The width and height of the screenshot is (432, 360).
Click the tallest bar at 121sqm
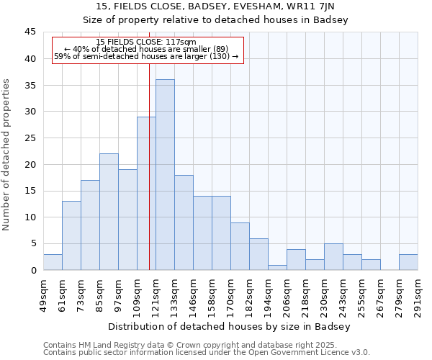(x=165, y=175)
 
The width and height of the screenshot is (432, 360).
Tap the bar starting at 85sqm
(x=109, y=212)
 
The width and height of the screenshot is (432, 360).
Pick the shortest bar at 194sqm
(x=277, y=267)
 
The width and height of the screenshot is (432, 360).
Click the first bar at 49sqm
(x=53, y=262)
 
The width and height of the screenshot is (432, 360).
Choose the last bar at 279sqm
(x=408, y=262)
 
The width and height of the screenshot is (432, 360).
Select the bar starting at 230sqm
(x=333, y=257)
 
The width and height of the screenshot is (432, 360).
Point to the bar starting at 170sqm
(x=240, y=246)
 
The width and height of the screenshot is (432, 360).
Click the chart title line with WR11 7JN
(x=215, y=6)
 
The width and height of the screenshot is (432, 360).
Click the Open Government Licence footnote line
(x=207, y=353)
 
